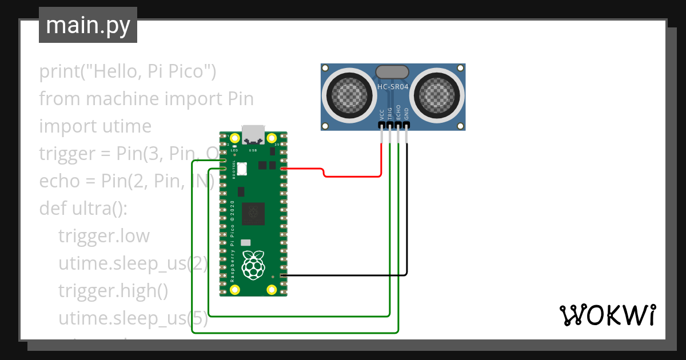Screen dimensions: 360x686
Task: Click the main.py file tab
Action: [x=88, y=25]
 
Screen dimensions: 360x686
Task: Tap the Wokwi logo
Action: [x=607, y=315]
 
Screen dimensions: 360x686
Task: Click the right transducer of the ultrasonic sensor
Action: [x=437, y=93]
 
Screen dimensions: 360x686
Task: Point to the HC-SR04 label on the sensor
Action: [x=393, y=87]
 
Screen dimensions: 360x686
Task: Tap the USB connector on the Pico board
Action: [x=253, y=134]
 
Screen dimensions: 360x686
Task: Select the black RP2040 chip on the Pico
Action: [x=253, y=214]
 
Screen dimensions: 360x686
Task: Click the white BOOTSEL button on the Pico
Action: [x=241, y=169]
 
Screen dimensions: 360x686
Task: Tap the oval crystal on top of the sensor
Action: [x=392, y=72]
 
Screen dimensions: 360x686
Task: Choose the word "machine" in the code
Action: [x=123, y=99]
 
